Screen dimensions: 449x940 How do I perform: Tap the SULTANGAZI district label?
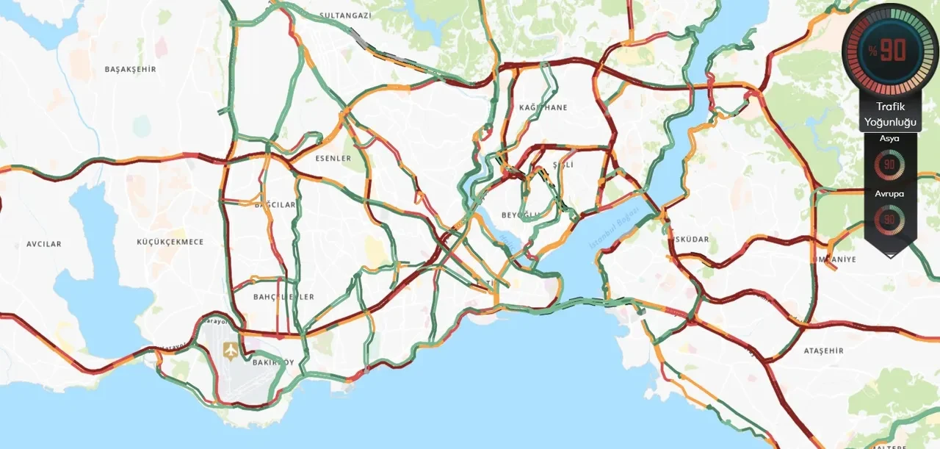(x=347, y=15)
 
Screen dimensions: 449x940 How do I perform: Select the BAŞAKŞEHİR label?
(x=131, y=69)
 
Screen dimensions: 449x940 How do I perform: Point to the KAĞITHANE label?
(x=543, y=107)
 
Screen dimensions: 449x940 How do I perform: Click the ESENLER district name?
(x=333, y=158)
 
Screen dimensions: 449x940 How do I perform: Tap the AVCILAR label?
(x=44, y=244)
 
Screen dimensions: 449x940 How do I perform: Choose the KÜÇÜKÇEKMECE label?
(x=170, y=242)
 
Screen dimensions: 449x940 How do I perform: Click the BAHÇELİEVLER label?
(x=283, y=297)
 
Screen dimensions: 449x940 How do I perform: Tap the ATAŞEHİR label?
(x=824, y=351)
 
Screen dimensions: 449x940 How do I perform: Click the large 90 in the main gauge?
(x=893, y=50)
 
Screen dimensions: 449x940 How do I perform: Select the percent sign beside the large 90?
(x=872, y=51)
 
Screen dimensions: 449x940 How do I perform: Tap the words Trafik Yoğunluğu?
(x=890, y=114)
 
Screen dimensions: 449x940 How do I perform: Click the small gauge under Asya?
(x=889, y=164)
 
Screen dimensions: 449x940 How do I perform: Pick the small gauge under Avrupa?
(x=889, y=218)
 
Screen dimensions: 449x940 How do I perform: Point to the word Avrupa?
(x=889, y=194)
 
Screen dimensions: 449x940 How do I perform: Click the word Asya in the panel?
(x=889, y=138)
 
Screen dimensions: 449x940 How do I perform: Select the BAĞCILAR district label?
(x=275, y=204)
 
